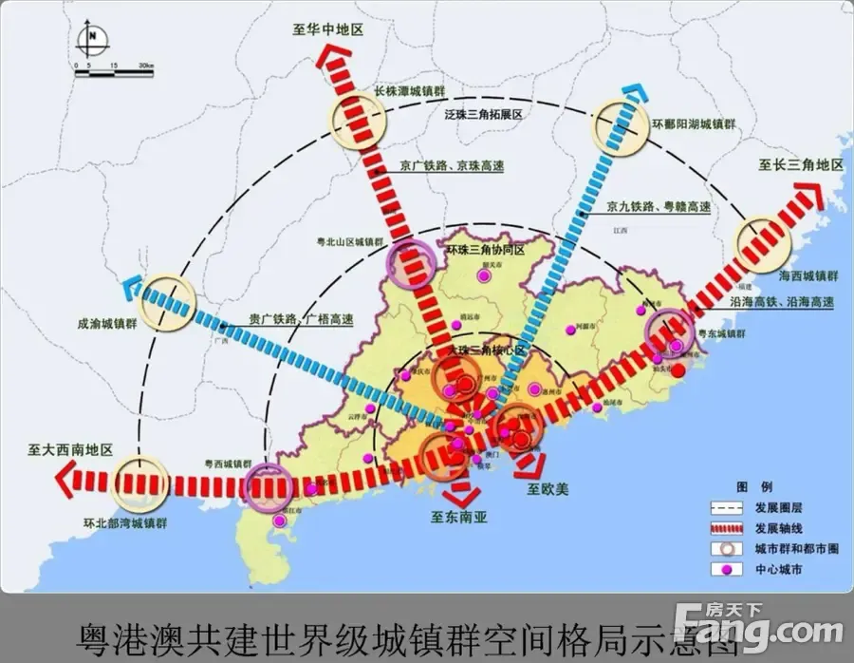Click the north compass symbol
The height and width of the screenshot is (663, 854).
pos(95,40)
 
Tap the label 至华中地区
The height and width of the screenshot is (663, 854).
pos(328,30)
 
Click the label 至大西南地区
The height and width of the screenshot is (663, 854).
pos(70,449)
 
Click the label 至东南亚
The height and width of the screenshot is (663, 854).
pos(458,518)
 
